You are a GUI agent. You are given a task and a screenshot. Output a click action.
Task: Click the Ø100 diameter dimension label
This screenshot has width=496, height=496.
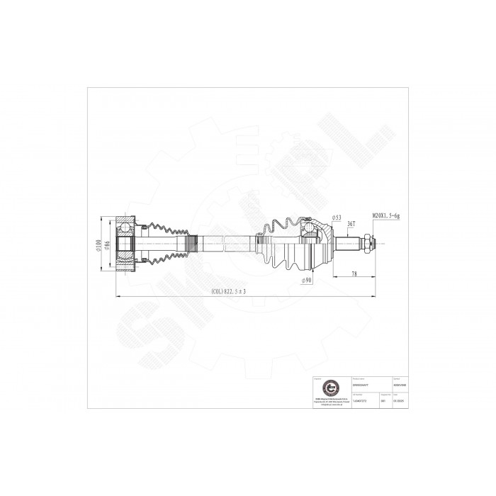98,244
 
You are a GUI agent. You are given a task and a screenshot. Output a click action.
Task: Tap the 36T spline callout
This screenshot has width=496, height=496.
351,225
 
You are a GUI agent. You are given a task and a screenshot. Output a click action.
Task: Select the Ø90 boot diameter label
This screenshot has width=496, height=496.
307,280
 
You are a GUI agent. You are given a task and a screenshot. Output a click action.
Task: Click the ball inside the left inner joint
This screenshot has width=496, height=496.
125,228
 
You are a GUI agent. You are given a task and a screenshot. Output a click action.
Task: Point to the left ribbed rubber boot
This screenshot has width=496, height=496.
167,244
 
